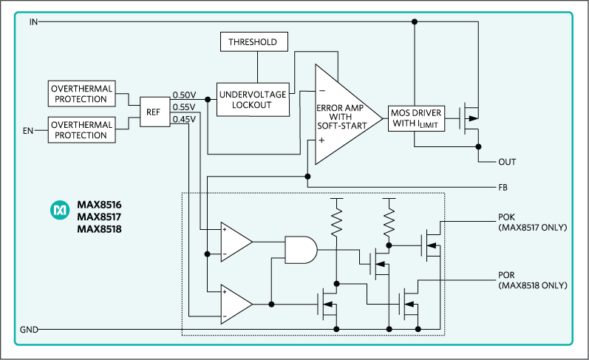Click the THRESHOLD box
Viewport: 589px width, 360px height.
(x=253, y=42)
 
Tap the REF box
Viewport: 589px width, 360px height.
(x=153, y=112)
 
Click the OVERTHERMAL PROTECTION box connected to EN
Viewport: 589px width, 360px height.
(x=82, y=129)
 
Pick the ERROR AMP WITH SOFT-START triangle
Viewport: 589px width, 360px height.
(x=340, y=116)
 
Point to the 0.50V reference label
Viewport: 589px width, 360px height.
(x=184, y=95)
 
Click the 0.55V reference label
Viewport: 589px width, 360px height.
(x=184, y=107)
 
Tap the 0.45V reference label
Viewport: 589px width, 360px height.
(x=184, y=119)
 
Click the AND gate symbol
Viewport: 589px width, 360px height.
(x=300, y=251)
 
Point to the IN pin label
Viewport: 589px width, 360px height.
(x=33, y=22)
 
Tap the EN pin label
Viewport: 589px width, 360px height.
(x=30, y=130)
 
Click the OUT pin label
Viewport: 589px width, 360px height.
(x=507, y=162)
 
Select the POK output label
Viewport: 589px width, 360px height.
(x=508, y=218)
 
